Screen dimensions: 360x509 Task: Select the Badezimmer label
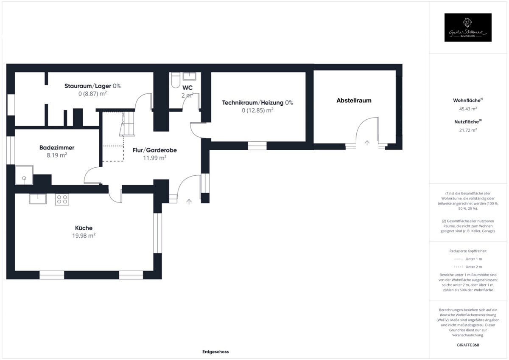pos(57,148)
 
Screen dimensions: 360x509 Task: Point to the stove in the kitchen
pos(62,199)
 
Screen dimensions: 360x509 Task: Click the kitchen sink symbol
pos(38,199)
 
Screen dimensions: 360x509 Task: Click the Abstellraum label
pos(354,101)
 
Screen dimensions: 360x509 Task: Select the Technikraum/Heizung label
pos(257,103)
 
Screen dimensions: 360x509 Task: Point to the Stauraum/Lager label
pos(92,86)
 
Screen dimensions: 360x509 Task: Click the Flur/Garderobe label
pos(154,150)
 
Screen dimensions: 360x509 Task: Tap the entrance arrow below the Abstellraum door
pos(367,143)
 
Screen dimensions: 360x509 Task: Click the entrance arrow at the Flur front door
pos(189,201)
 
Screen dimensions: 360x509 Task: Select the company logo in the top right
pos(468,28)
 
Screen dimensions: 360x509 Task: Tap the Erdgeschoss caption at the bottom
pos(215,352)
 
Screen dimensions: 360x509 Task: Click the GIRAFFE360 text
pos(468,345)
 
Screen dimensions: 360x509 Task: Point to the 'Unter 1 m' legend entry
pos(473,259)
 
